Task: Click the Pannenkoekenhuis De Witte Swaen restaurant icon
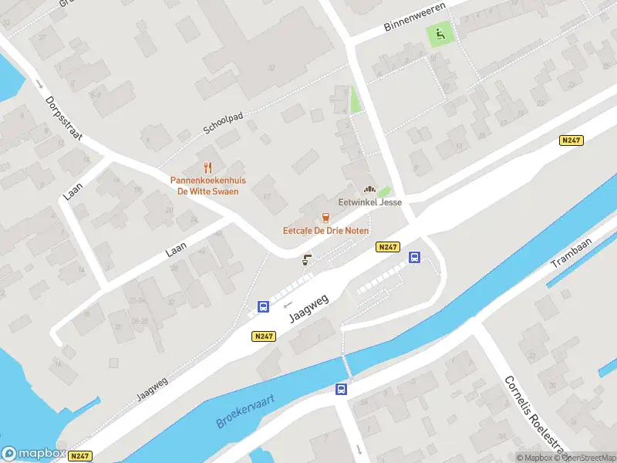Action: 207,167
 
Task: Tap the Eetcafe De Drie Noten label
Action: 325,231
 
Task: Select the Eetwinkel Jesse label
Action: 370,202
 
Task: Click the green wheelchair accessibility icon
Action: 440,33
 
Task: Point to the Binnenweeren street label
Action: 415,21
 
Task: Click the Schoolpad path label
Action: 224,124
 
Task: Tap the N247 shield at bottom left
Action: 79,456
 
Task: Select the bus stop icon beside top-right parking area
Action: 414,258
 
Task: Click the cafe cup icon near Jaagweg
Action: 307,259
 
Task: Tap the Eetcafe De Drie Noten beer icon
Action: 325,218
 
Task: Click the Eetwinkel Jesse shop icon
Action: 369,189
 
